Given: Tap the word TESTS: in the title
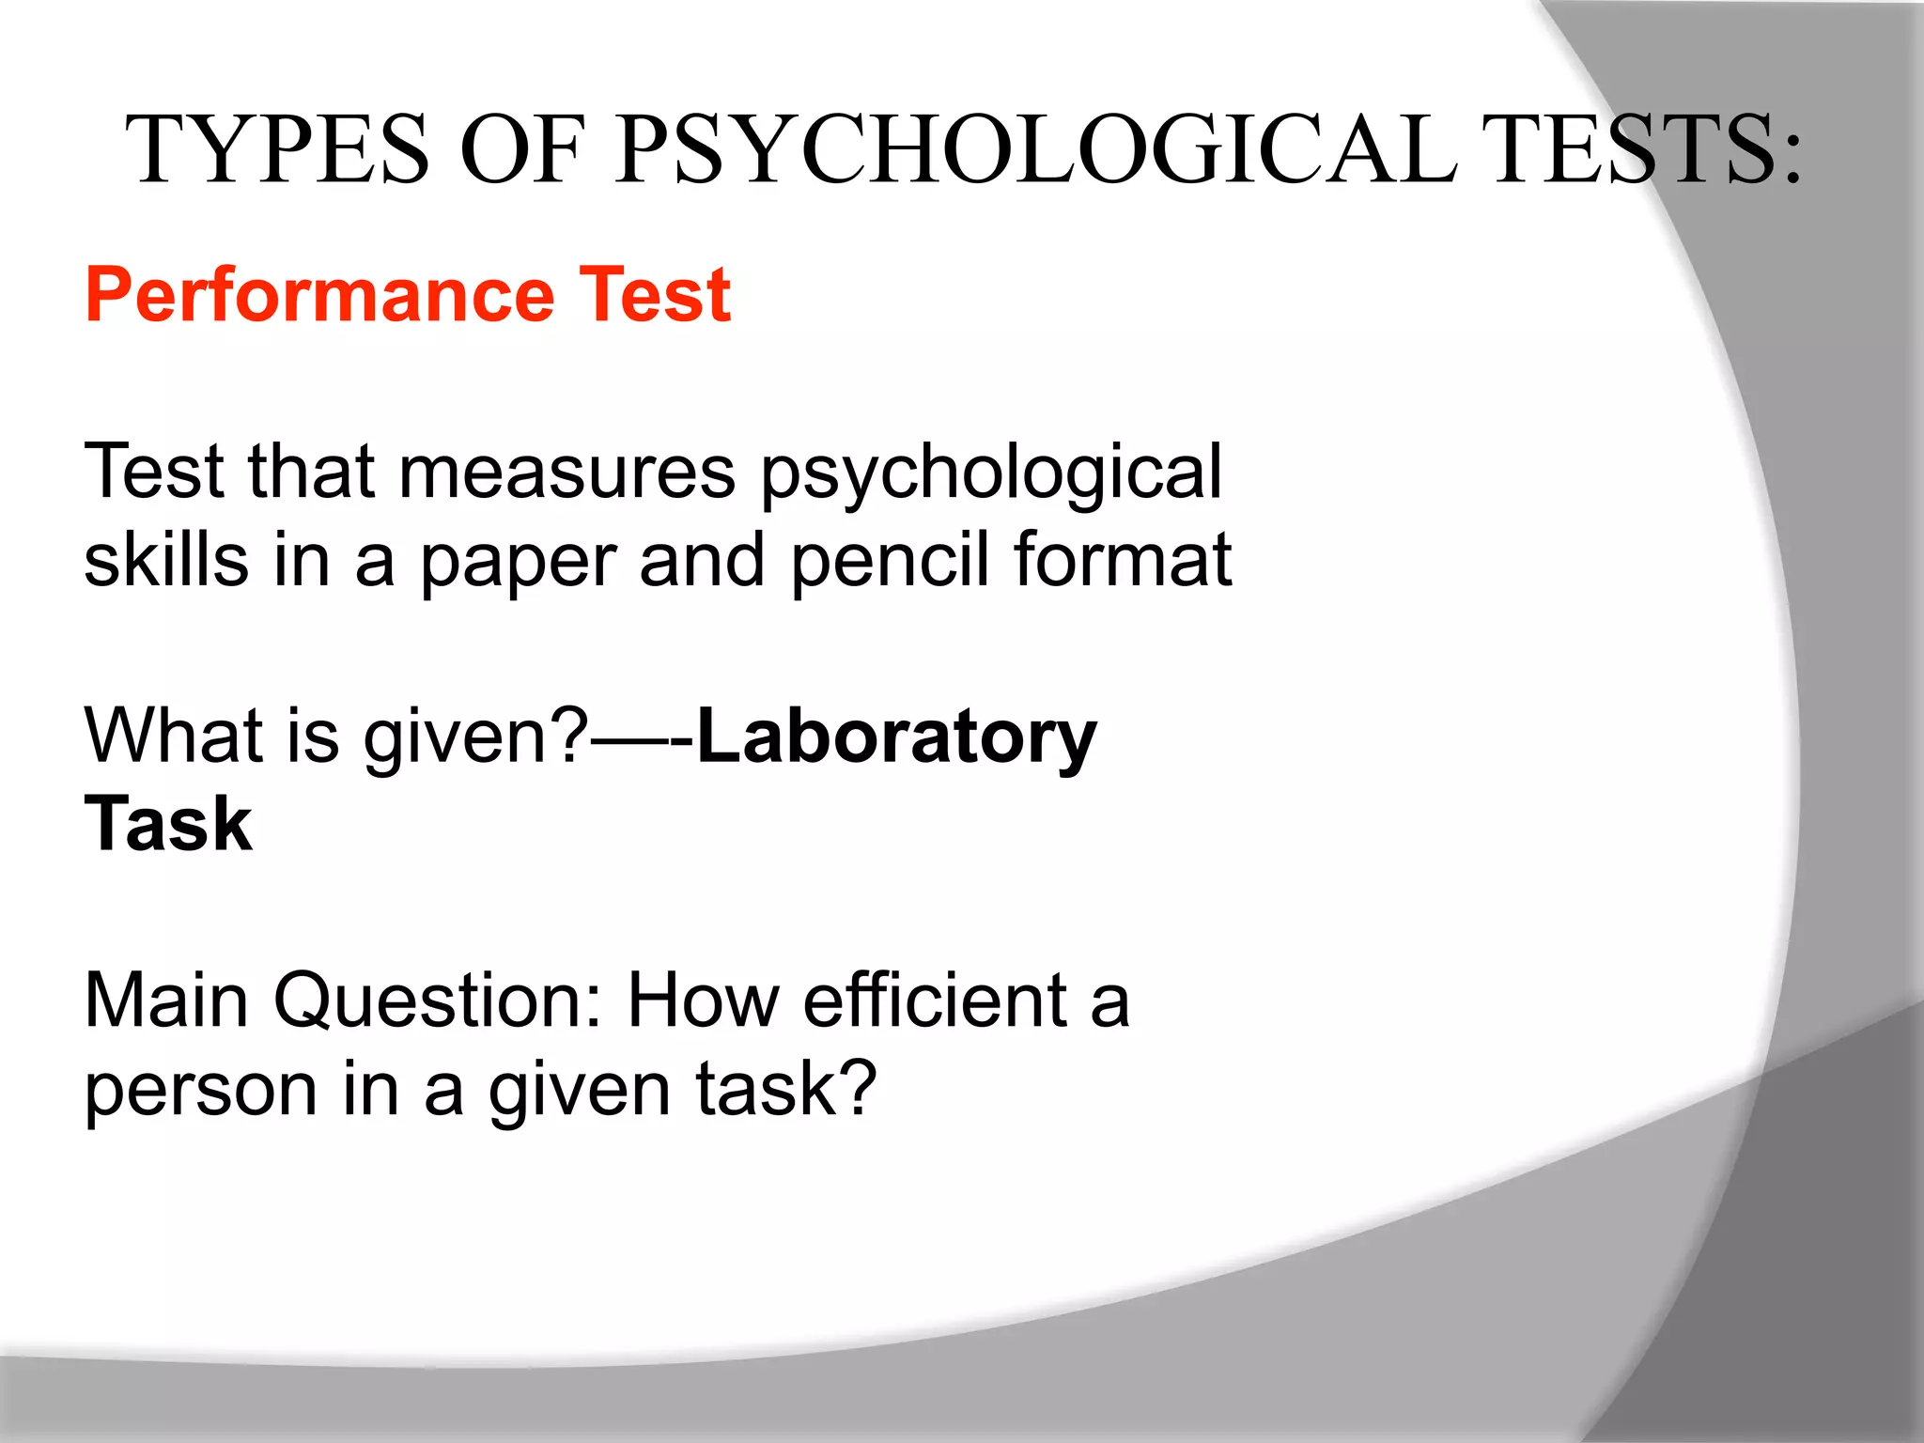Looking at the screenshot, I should pos(1643,150).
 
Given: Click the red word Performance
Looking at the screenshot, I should pos(320,296).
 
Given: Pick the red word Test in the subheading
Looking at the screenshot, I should pos(654,296).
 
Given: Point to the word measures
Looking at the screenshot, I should pos(567,473).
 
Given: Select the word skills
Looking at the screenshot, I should pos(166,560).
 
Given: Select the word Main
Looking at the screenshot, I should pos(166,1001).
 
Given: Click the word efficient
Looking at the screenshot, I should pos(936,1001).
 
